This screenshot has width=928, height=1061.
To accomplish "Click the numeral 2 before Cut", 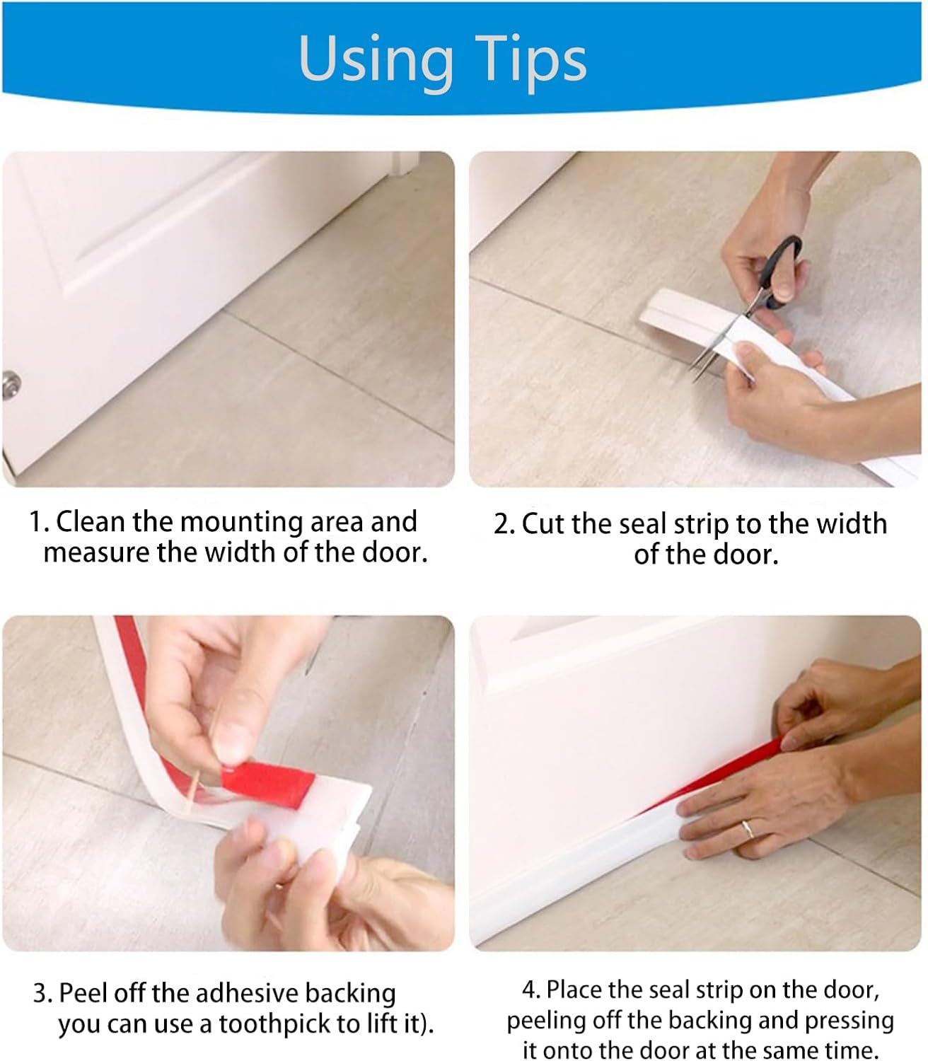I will (x=502, y=524).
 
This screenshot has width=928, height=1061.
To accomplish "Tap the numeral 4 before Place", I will (x=530, y=990).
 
